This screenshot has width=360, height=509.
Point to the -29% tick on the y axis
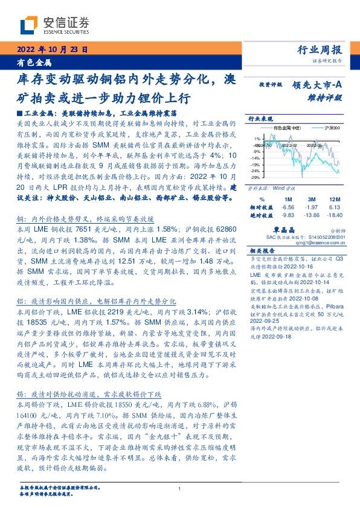[x=255, y=178]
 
